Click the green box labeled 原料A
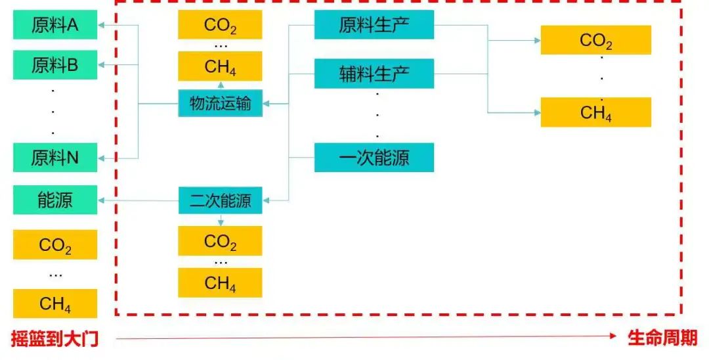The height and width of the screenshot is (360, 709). coord(55,26)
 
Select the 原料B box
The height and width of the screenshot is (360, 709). coord(55,65)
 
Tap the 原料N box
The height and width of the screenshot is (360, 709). coord(55,158)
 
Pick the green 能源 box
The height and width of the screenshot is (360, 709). coord(55,200)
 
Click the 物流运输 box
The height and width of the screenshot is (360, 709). coord(220,103)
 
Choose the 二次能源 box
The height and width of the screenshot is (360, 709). coord(220,200)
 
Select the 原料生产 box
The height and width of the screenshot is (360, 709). coord(374,26)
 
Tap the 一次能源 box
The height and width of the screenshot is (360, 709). coord(374,158)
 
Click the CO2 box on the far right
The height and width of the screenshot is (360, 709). coord(595,41)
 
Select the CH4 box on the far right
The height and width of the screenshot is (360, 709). coord(595,112)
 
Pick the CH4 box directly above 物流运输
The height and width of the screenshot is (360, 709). coord(220,66)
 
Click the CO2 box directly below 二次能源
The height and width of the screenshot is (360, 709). coord(220,241)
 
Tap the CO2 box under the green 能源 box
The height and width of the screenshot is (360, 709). coord(55,245)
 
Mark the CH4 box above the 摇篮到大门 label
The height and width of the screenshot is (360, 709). coord(55,304)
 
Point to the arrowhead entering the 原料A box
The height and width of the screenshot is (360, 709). coord(102,26)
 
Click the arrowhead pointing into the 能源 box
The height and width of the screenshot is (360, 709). coord(102,200)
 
